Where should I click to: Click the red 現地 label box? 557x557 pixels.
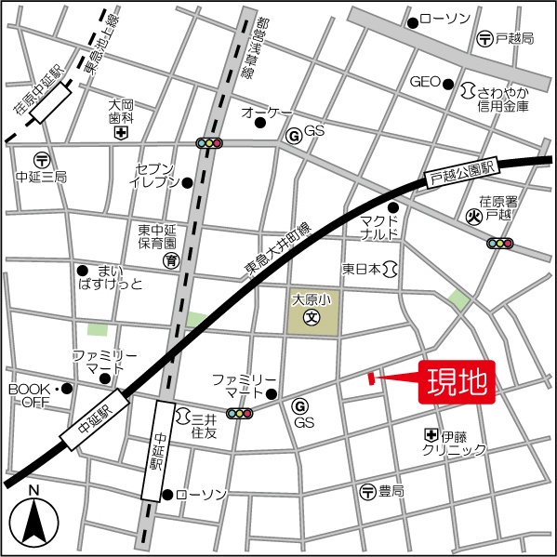point(458,381)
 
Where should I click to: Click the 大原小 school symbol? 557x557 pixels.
point(312,317)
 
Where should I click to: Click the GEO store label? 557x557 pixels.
point(424,82)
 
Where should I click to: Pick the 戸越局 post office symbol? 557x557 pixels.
point(485,39)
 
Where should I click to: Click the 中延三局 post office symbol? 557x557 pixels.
point(41,160)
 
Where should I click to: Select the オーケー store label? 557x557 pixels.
point(267,113)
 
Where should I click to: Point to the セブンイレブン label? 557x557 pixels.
point(155,175)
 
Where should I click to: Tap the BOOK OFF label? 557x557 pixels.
point(32,395)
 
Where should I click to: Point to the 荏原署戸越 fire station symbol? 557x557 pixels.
point(474,218)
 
